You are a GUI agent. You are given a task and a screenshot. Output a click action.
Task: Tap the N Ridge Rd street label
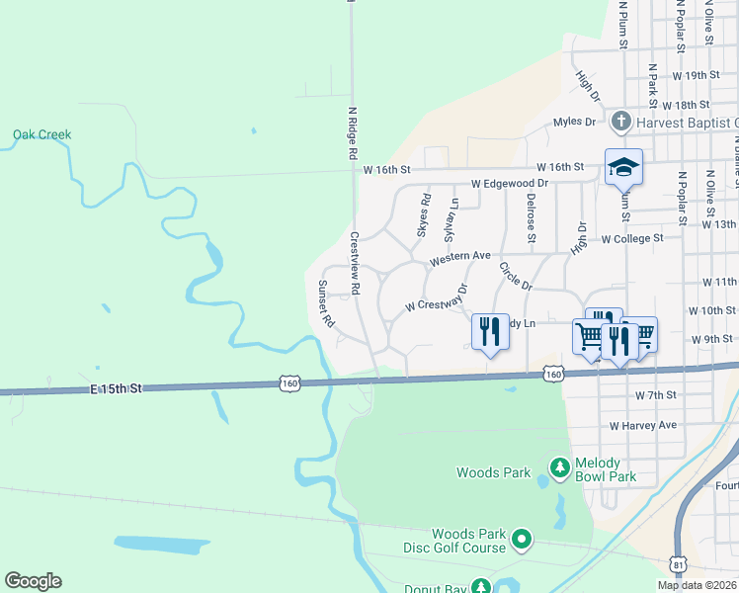pyautogui.click(x=352, y=134)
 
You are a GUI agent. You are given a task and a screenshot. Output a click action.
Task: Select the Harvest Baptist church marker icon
pyautogui.click(x=621, y=122)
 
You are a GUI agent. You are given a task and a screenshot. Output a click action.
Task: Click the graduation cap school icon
pyautogui.click(x=623, y=167)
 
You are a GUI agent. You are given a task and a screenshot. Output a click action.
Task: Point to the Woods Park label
pyautogui.click(x=494, y=473)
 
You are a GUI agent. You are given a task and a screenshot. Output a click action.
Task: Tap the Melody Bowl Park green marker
pyautogui.click(x=560, y=466)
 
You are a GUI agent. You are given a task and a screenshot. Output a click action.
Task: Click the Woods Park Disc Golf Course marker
pyautogui.click(x=521, y=540)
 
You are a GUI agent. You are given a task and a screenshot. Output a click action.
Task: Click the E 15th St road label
pyautogui.click(x=115, y=388)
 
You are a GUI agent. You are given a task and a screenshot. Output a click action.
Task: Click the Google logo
pyautogui.click(x=33, y=581)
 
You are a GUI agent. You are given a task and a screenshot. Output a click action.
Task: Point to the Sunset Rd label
pyautogui.click(x=326, y=304)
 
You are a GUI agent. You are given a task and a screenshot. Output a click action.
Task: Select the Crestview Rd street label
pyautogui.click(x=355, y=262)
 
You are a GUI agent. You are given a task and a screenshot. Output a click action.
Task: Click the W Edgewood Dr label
pyautogui.click(x=510, y=184)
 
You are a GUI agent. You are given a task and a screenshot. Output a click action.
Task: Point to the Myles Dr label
pyautogui.click(x=574, y=122)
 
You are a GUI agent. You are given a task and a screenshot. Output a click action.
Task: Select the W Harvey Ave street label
pyautogui.click(x=642, y=426)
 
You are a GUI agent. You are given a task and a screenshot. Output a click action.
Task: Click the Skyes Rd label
pyautogui.click(x=424, y=215)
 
